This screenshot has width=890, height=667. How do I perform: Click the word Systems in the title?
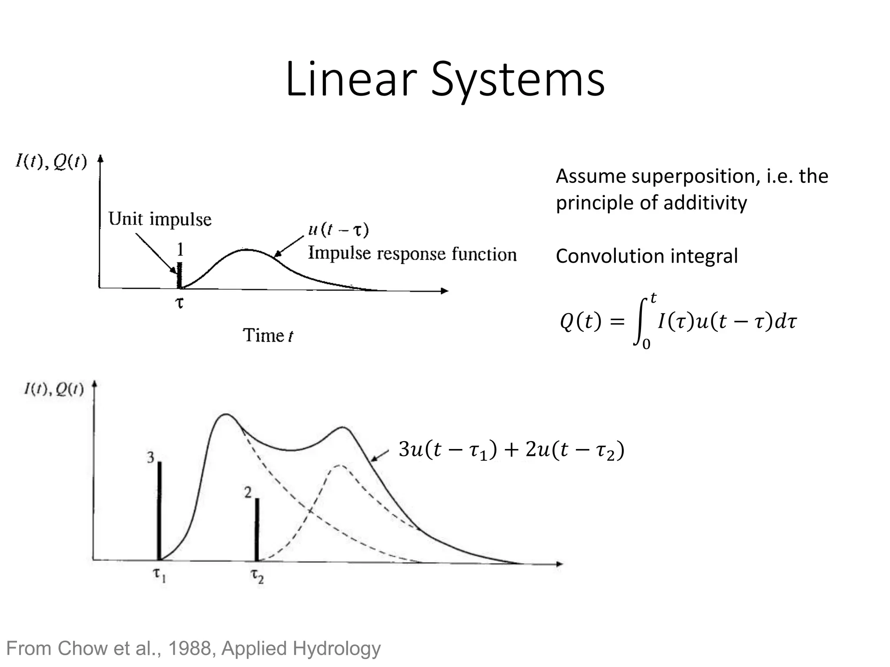click(517, 80)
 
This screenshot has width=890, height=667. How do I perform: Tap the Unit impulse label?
click(159, 219)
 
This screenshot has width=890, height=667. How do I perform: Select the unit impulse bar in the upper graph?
click(179, 275)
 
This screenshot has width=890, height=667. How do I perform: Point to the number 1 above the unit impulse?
click(180, 250)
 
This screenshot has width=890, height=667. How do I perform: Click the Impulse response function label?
click(412, 254)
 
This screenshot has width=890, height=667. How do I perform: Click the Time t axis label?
click(268, 336)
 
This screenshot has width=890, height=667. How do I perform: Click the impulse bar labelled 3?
click(159, 510)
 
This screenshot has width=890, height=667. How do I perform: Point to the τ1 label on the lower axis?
click(159, 575)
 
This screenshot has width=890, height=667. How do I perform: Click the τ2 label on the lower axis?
click(257, 576)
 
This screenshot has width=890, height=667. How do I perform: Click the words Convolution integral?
click(647, 256)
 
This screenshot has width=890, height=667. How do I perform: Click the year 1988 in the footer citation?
click(189, 648)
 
